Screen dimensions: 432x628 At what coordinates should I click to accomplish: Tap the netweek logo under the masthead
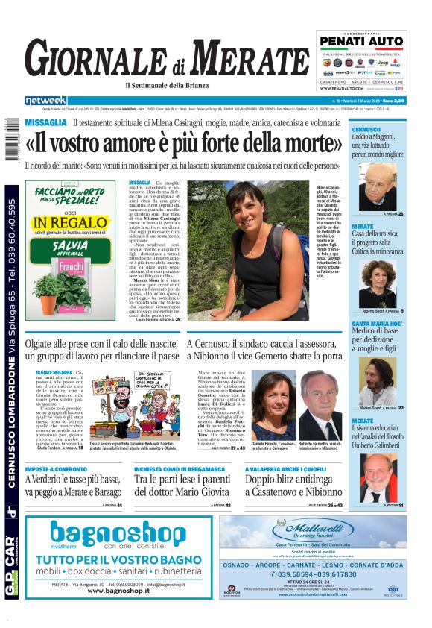click(45, 100)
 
